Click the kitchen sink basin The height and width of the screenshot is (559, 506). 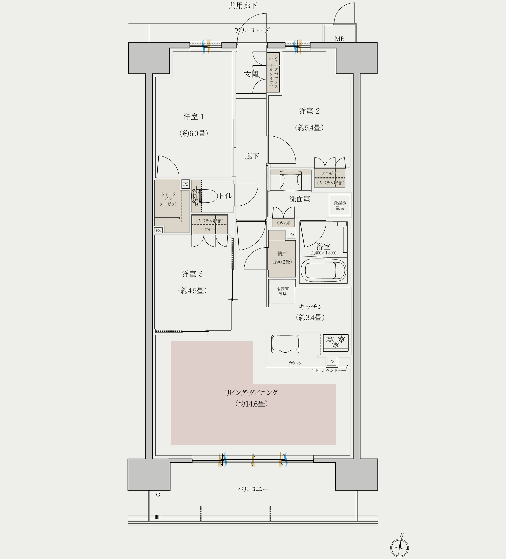click(285, 344)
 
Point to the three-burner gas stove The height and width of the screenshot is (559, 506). click(335, 342)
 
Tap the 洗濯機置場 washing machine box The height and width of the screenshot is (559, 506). click(340, 205)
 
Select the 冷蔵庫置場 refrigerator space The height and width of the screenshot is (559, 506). click(282, 292)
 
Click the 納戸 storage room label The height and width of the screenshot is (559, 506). click(282, 253)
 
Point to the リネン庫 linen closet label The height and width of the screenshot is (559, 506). click(283, 223)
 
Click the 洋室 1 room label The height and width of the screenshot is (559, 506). click(194, 117)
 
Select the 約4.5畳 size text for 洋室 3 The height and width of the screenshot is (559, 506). click(192, 291)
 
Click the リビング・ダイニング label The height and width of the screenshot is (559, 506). click(251, 393)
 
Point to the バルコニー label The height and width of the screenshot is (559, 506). click(253, 489)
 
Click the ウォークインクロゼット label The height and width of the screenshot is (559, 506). click(168, 199)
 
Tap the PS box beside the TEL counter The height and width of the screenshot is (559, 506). click(332, 361)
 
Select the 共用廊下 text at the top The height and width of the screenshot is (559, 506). click(243, 6)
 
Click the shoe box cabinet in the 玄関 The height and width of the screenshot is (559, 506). click(273, 72)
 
